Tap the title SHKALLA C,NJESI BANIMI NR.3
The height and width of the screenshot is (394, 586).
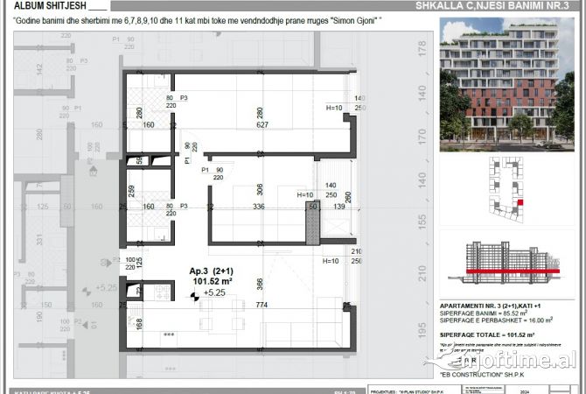tap(499, 4)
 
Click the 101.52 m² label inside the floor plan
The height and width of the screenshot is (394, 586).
tap(211, 281)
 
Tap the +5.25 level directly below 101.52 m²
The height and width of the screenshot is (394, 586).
tap(215, 293)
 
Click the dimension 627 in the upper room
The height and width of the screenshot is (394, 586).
tap(259, 124)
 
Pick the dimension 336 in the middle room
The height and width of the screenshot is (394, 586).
tap(259, 208)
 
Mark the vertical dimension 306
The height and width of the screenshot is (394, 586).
tap(259, 189)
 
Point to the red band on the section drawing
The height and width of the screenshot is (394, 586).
tap(502, 272)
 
